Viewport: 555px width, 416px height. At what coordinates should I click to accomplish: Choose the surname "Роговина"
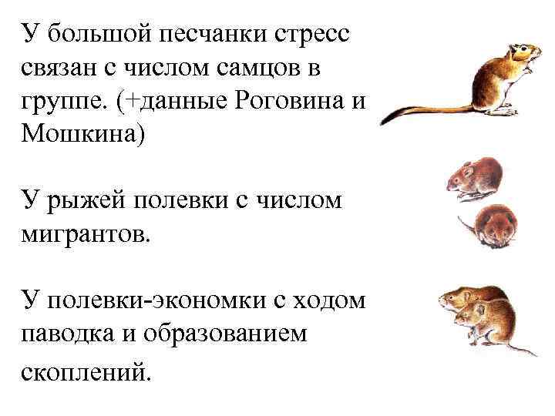pyautogui.click(x=291, y=101)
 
